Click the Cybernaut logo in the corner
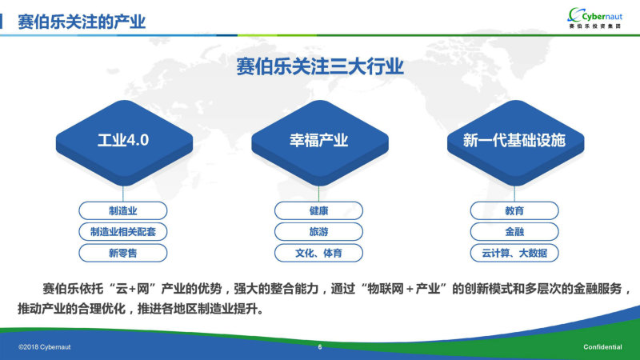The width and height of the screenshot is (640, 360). point(595,18)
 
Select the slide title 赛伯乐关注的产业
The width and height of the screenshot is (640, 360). point(82,22)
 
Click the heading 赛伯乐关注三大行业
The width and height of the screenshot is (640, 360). point(320,66)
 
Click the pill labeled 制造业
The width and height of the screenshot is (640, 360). point(123,210)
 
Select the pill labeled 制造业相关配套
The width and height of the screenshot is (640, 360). point(123,232)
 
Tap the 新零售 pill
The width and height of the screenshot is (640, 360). point(123,253)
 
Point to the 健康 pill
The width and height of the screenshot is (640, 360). point(318,210)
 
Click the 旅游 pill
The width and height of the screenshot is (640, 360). point(318,232)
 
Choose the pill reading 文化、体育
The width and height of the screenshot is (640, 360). point(318,253)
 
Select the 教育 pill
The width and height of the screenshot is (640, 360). point(514,210)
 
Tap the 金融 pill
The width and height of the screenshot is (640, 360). point(514,232)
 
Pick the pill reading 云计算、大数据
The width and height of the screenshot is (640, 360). point(514,253)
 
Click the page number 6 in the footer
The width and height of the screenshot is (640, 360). point(320,347)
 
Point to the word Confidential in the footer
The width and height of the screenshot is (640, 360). point(602,347)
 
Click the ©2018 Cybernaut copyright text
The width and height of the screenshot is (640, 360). point(45,347)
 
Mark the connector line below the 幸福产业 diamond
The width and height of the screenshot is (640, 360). point(318,194)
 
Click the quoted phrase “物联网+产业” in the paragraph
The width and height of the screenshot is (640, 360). point(405,289)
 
